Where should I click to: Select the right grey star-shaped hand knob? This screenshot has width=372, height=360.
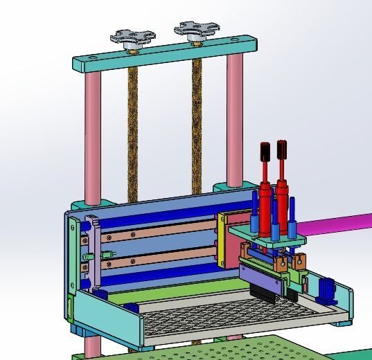(196, 28)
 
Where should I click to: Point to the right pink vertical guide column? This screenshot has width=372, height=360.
(235, 118)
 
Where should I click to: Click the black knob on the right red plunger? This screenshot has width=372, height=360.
(282, 147)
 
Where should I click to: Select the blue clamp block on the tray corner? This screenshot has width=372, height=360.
(326, 291)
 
